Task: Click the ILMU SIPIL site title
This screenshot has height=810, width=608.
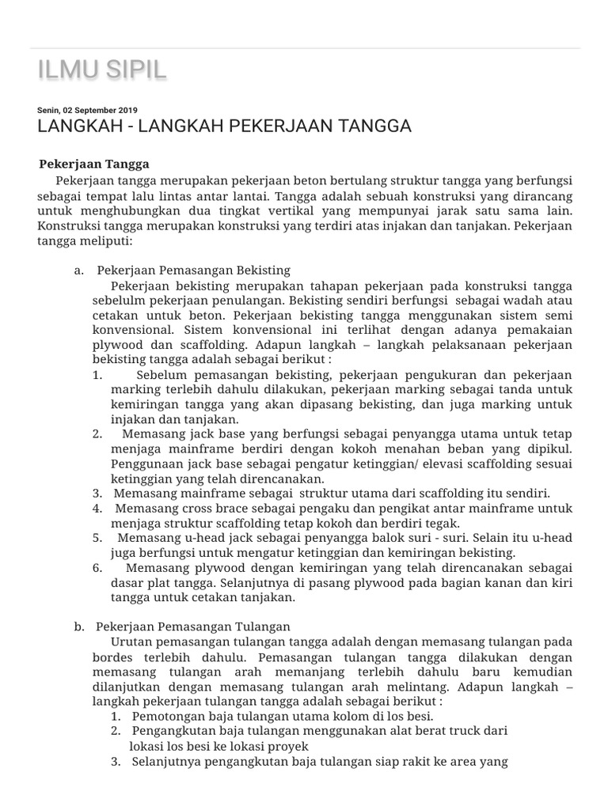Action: coord(102,70)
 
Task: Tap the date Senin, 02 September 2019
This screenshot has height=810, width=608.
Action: coord(87,110)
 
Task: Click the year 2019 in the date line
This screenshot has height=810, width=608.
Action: coord(127,110)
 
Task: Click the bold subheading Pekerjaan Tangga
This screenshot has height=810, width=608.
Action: coord(94,165)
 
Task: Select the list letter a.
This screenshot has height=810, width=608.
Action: coord(78,271)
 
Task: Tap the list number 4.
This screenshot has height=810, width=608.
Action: coord(97,509)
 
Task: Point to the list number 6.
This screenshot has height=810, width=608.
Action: coord(97,568)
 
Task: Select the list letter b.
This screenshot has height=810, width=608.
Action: coord(78,626)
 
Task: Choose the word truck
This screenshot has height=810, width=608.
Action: coord(456,731)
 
